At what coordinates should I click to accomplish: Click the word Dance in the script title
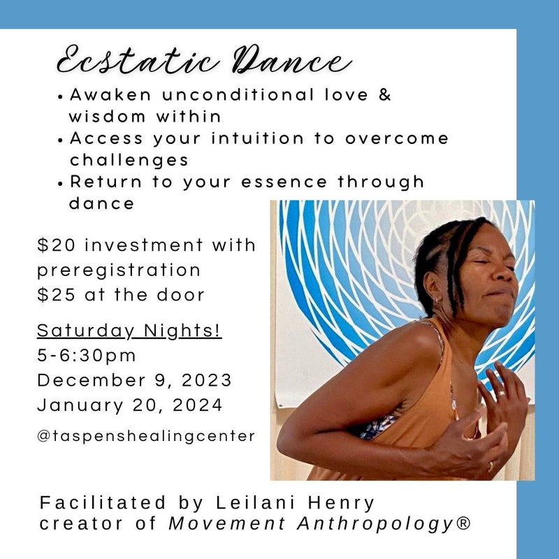pos(292,60)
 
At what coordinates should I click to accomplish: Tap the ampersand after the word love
pos(385,95)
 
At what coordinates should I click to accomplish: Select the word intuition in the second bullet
pos(257,138)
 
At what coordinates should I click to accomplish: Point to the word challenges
pos(129,160)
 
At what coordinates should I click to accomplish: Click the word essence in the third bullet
pos(284,182)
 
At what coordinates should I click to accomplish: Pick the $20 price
pos(57,245)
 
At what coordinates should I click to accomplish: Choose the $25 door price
pos(57,295)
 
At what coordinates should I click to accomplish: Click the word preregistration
pos(119,270)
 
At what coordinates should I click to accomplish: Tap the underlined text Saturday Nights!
pos(129,331)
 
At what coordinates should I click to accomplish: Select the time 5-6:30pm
pos(87,356)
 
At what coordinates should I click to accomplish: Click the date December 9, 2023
pos(134,380)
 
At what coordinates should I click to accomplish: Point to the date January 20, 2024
pos(130,405)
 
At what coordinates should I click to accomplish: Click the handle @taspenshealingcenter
pos(146,436)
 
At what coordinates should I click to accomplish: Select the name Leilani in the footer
pos(256,502)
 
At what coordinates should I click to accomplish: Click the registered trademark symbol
pos(463,523)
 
